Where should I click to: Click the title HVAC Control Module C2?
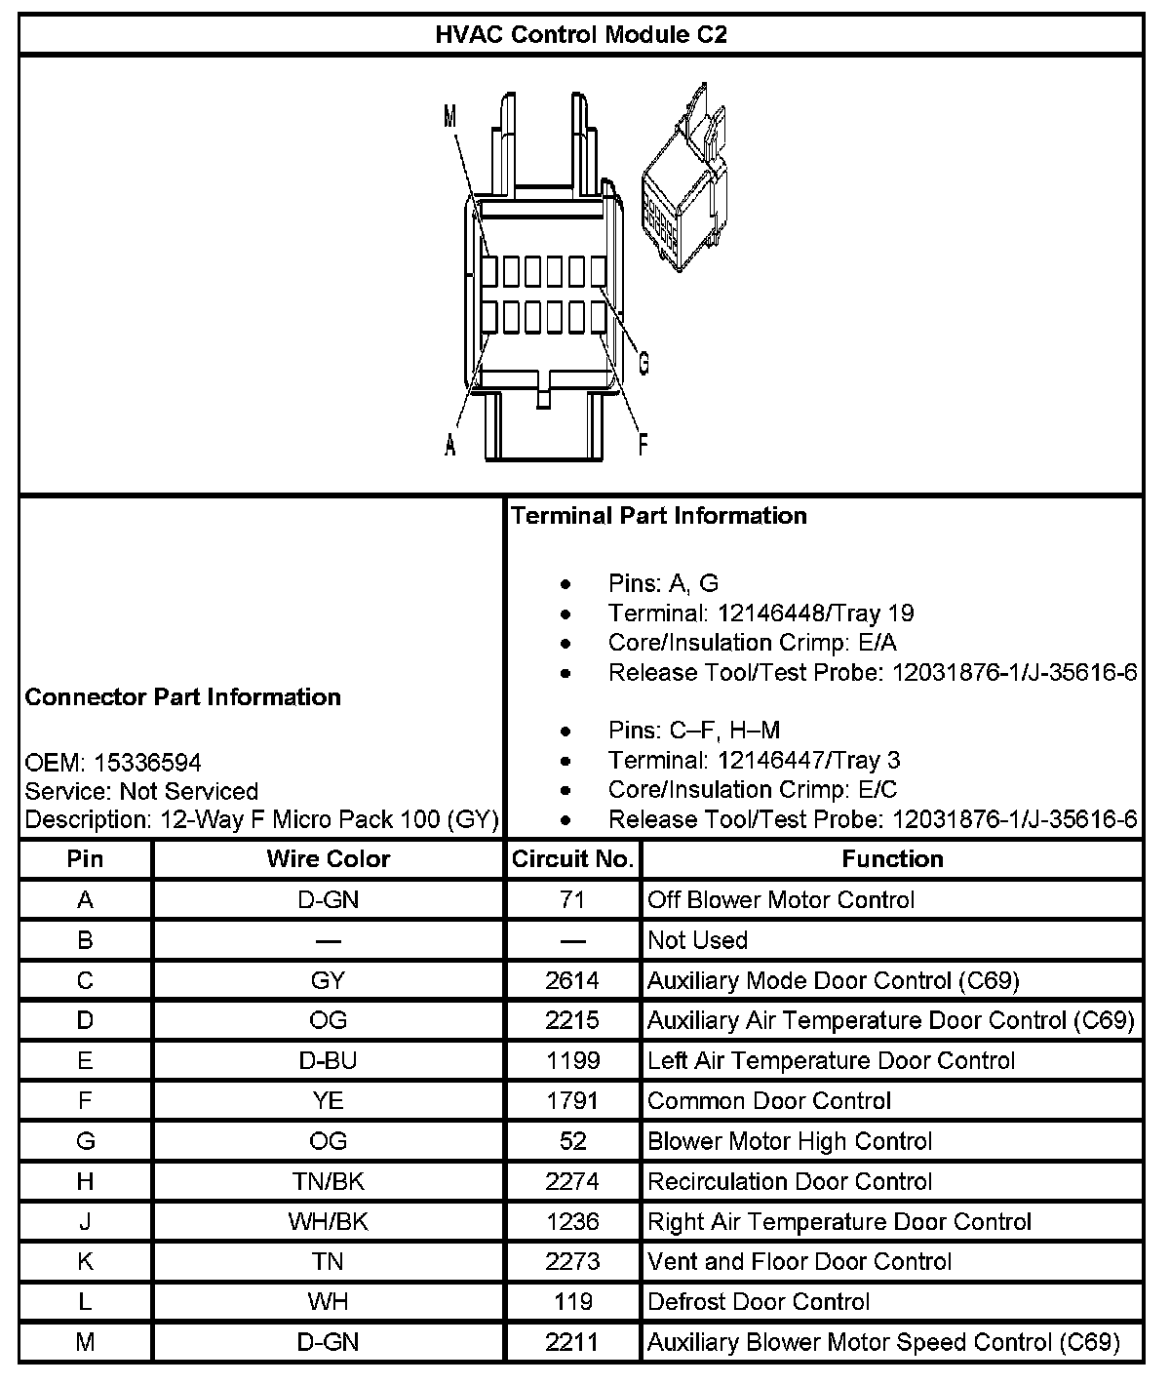coord(581,36)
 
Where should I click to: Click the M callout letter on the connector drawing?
coord(449,117)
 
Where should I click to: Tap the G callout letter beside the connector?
coord(643,364)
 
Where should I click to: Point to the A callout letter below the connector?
coord(450,445)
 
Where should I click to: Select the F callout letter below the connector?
coord(643,445)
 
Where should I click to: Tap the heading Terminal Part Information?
coord(659,516)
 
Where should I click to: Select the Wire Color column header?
coord(328,859)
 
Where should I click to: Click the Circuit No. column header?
coord(573,859)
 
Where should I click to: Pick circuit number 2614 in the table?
coord(573,980)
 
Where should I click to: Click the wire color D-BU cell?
coord(328,1060)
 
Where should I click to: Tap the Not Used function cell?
coord(697,940)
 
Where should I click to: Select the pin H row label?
coord(86,1181)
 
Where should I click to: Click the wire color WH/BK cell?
coord(328,1221)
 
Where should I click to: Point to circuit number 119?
coord(573,1301)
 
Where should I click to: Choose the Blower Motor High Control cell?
coord(790,1141)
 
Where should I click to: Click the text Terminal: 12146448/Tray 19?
coord(760,613)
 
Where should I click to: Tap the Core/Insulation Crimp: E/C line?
coord(752,790)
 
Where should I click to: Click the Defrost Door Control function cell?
coord(759,1301)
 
